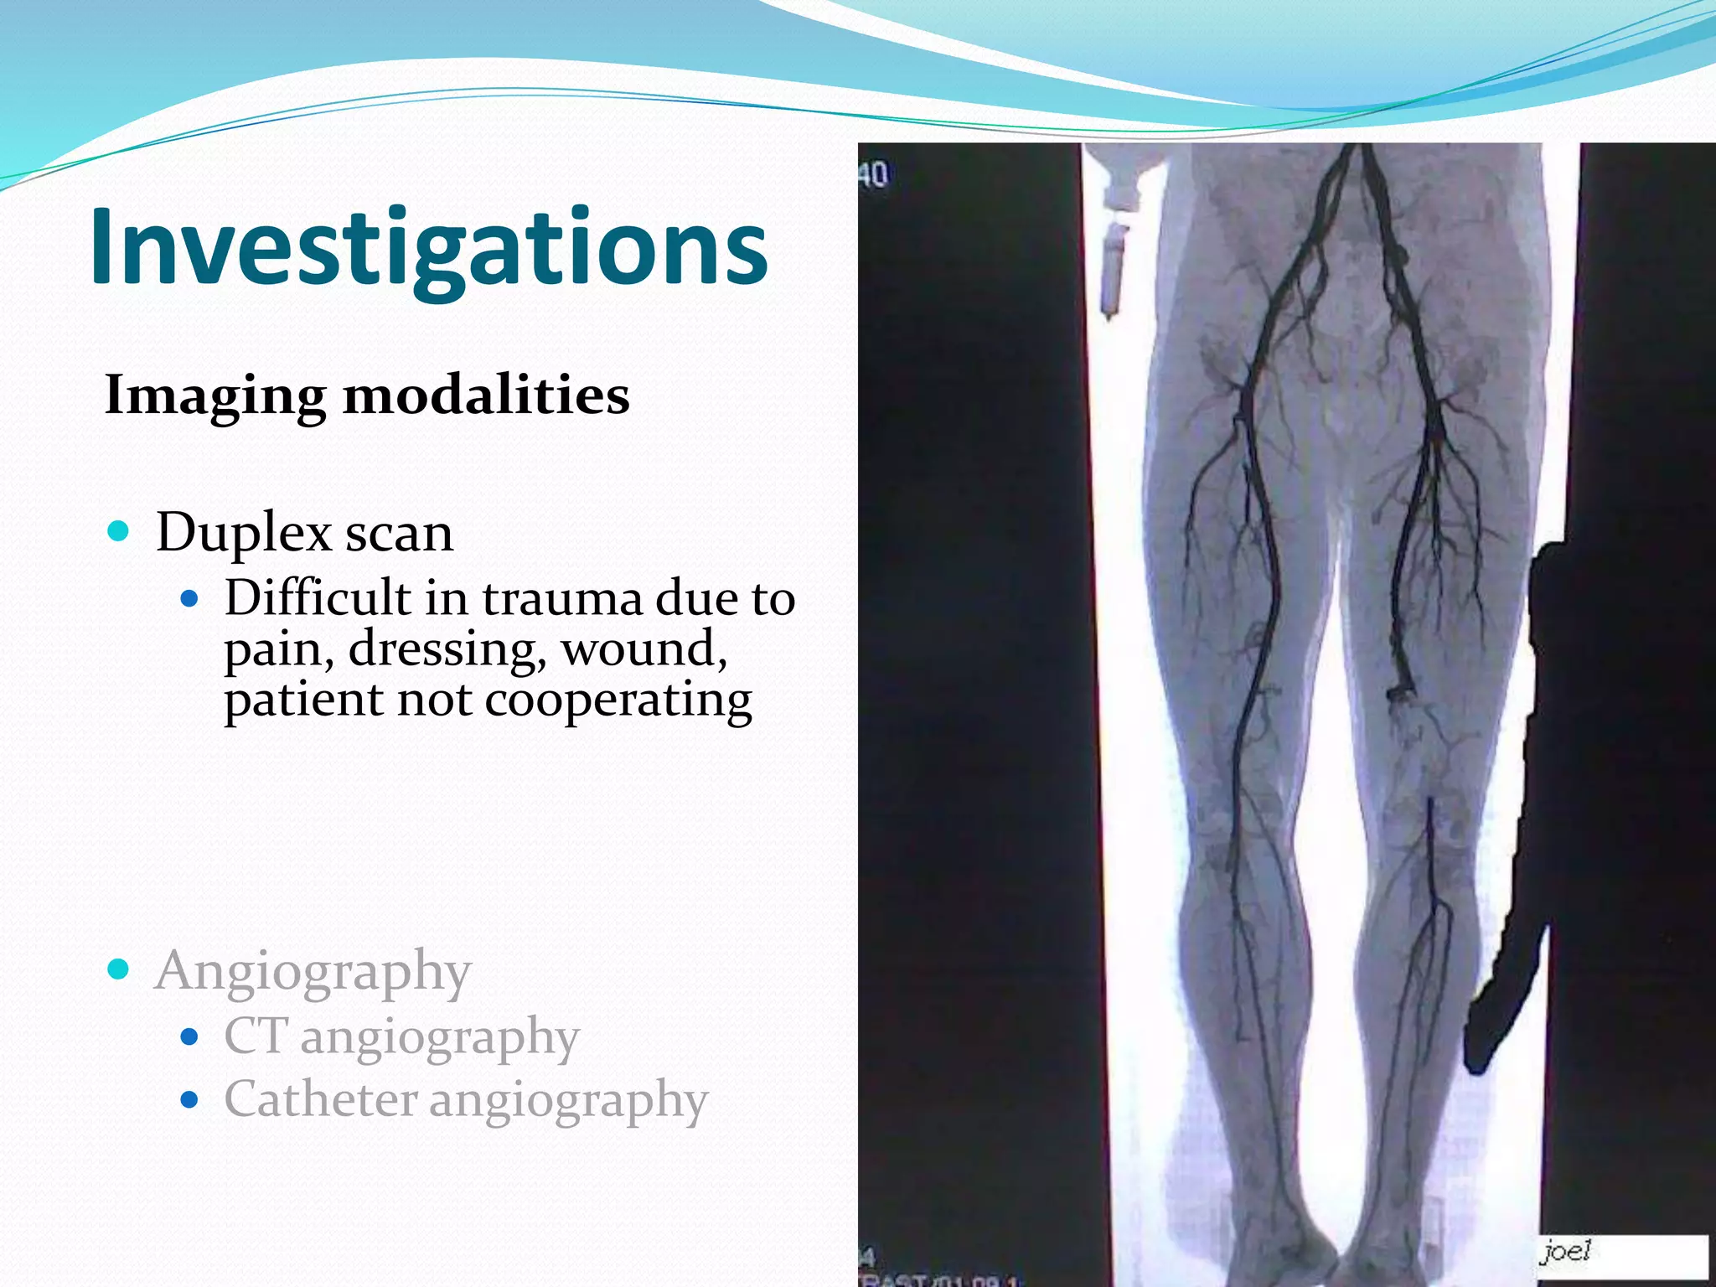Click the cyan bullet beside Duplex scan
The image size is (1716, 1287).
[x=119, y=530]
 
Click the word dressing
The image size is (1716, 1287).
[x=447, y=650]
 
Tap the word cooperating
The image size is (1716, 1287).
[x=618, y=700]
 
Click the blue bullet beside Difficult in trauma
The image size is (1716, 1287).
[x=190, y=598]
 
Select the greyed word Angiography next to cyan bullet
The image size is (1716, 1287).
[x=313, y=972]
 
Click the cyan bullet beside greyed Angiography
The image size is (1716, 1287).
[x=119, y=969]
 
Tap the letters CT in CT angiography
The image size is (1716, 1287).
[x=256, y=1036]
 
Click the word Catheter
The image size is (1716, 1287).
[x=321, y=1099]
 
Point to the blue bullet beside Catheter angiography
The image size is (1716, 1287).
[x=190, y=1099]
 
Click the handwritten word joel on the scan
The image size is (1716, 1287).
[x=1565, y=1252]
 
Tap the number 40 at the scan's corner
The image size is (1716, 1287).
[x=872, y=175]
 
